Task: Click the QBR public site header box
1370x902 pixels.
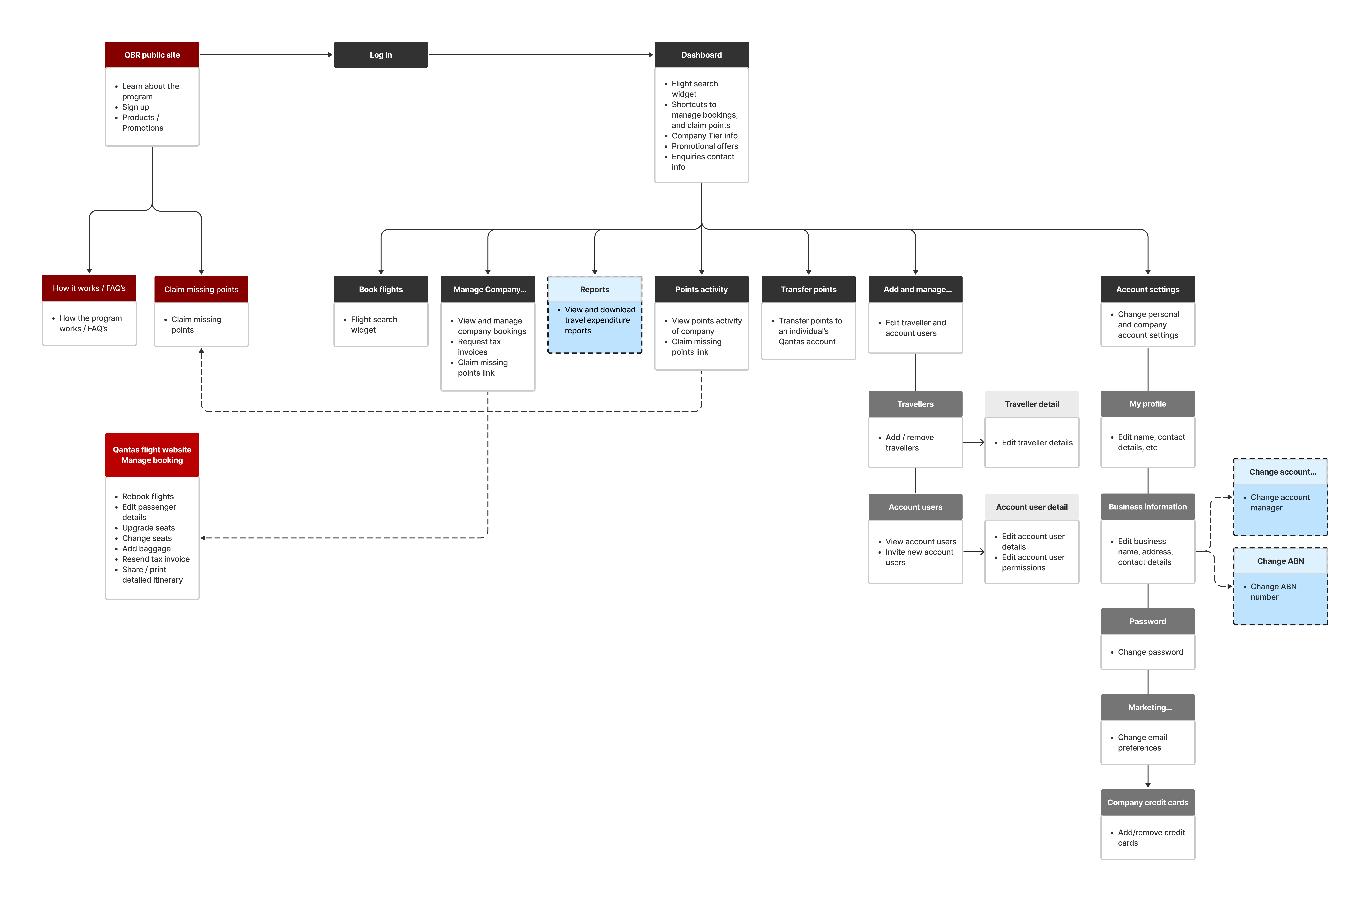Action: [x=152, y=55]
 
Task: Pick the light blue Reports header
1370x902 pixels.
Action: [x=595, y=289]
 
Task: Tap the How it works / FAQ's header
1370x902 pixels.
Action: [x=89, y=288]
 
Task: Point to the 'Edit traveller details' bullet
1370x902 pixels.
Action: [x=1037, y=442]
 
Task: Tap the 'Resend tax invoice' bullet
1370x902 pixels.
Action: [x=155, y=559]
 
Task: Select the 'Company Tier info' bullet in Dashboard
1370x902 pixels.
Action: [x=704, y=136]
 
